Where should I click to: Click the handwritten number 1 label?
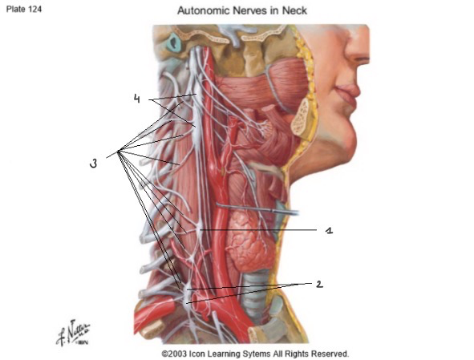329,230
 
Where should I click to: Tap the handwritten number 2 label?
319,284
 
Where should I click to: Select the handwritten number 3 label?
94,164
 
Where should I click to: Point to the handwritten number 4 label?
137,99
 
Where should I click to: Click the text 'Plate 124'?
24,9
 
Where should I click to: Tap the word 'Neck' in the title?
294,10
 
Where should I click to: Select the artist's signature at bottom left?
73,333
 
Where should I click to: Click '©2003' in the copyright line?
174,354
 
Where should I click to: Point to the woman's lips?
347,93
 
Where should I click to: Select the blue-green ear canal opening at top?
174,42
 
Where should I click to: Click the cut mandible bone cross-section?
301,118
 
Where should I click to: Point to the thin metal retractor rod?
257,208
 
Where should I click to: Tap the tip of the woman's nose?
367,58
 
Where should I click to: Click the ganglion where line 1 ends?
199,230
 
